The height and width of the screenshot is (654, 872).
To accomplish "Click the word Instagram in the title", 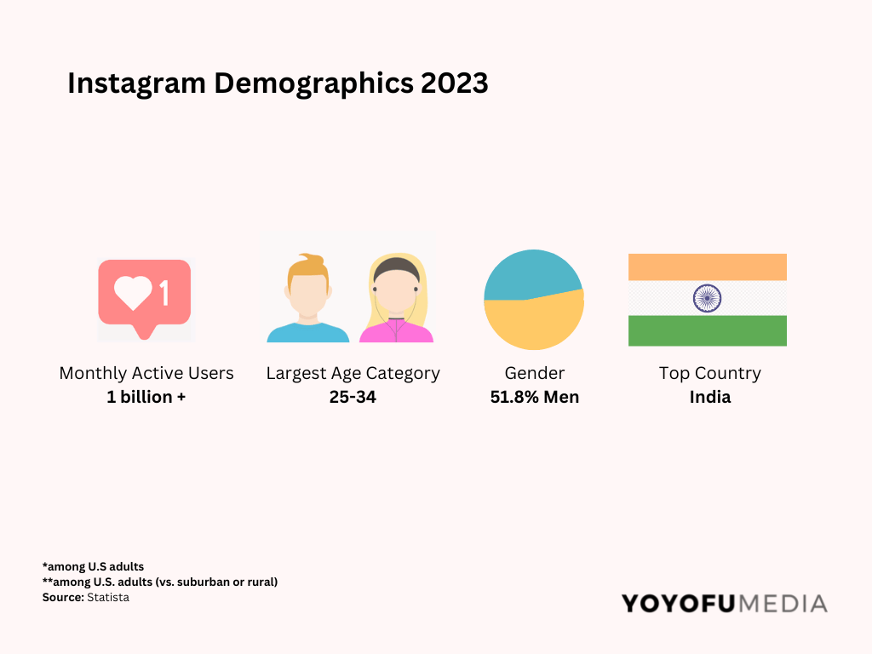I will point(137,83).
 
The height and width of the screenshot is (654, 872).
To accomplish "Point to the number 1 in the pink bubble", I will point(164,294).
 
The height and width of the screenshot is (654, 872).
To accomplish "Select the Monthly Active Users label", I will point(146,373).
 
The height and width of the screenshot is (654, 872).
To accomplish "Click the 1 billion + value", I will point(146,397).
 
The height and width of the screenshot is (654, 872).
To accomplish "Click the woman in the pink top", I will point(396,302).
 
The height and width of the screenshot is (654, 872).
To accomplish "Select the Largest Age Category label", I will point(353,373).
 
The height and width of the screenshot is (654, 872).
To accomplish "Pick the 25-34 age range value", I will point(353,397).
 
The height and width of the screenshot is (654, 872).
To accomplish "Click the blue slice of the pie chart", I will point(530,274).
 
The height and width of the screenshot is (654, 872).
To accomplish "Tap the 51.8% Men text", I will point(535,397).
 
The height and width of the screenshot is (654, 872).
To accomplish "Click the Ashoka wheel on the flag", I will point(707,298).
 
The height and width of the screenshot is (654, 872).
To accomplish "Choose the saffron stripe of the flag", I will point(707,267).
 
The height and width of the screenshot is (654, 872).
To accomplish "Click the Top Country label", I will point(709,373).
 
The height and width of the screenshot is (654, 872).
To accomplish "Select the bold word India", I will point(709,397).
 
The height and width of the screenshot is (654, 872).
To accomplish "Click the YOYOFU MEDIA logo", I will point(724,604).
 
